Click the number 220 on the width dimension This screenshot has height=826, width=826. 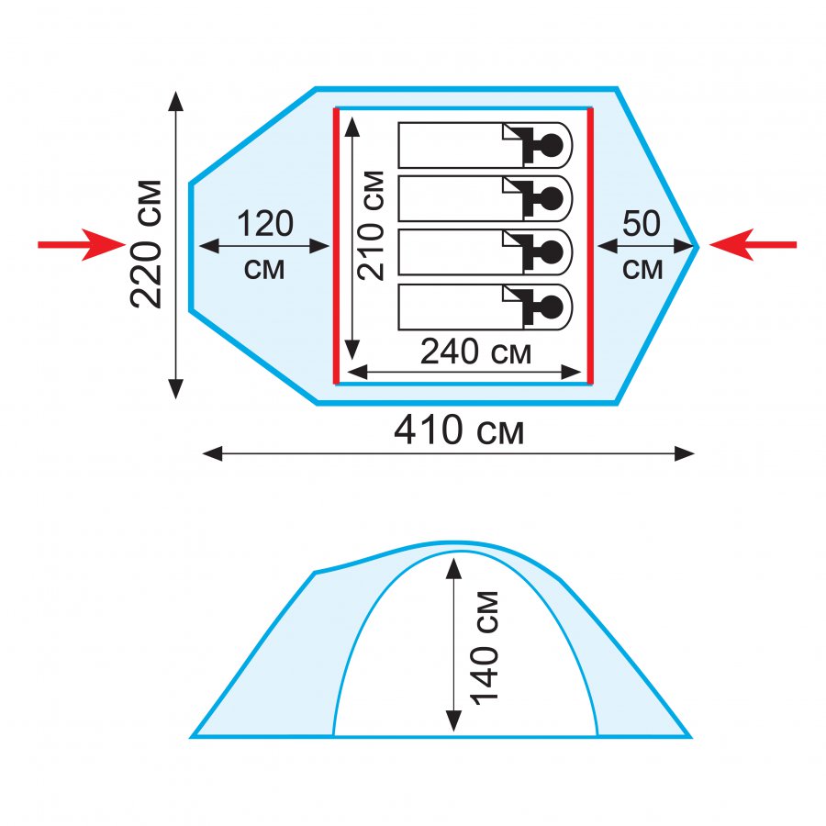point(146,273)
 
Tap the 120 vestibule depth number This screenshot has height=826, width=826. point(264,224)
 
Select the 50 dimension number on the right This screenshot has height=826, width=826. point(642,223)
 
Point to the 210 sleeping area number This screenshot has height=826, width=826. point(371,251)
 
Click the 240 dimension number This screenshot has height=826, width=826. point(450,352)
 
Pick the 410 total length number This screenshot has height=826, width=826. point(429,430)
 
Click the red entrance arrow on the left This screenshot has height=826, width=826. point(81,244)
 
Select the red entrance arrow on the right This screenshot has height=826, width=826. point(753,244)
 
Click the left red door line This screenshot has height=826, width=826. point(336,246)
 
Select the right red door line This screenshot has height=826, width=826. point(590,246)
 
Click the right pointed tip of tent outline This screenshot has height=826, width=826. point(698,246)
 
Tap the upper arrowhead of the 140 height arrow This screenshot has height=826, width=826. point(453,568)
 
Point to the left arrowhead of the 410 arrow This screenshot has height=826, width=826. point(213,453)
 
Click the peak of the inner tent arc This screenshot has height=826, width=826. point(462,552)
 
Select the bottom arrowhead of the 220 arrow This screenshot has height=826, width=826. point(175,389)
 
